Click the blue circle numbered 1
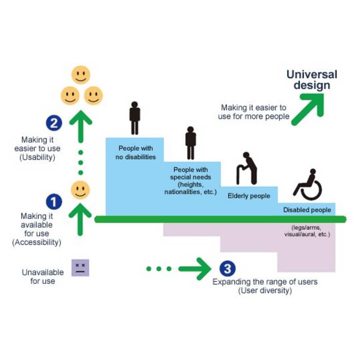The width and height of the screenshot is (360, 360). [x=54, y=202]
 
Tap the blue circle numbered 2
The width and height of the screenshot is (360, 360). [x=54, y=123]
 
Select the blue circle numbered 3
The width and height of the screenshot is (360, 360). [x=227, y=269]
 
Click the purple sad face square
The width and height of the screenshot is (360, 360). [x=80, y=268]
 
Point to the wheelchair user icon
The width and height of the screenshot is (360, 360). [x=308, y=184]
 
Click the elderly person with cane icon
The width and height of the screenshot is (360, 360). [x=247, y=168]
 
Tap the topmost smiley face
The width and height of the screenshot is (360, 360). [x=81, y=75]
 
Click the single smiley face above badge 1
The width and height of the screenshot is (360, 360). [x=80, y=190]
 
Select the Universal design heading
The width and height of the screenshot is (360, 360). [x=312, y=80]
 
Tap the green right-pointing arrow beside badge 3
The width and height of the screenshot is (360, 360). [x=195, y=269]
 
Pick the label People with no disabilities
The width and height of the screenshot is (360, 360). [x=135, y=153]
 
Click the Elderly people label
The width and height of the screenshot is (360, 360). [x=249, y=196]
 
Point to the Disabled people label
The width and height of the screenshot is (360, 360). [x=307, y=210]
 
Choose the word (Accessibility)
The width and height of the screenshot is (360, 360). [x=37, y=242]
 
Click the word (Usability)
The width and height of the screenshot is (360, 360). [x=37, y=157]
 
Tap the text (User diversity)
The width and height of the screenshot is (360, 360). [x=265, y=290]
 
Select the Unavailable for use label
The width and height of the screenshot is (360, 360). [x=43, y=277]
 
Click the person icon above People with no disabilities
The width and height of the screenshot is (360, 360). [x=135, y=118]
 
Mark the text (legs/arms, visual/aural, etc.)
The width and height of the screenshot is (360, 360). [x=307, y=231]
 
